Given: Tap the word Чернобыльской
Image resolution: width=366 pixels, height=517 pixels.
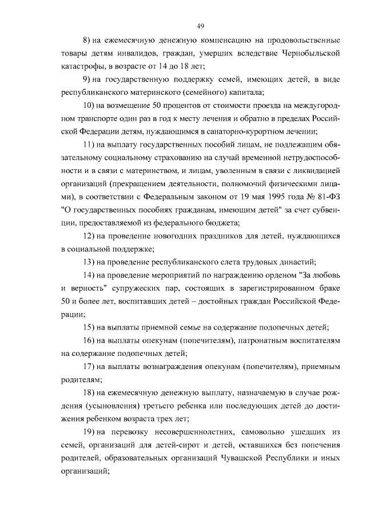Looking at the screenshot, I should [311, 54].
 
